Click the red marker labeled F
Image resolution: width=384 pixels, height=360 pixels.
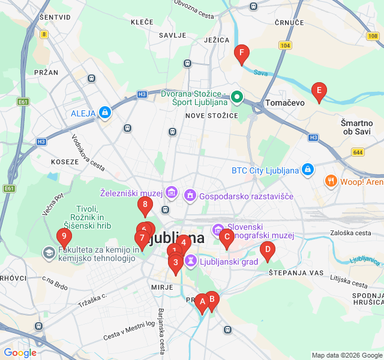point(241,54)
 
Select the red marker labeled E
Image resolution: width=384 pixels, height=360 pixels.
point(319,92)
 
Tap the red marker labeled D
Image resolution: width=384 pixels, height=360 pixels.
point(267,250)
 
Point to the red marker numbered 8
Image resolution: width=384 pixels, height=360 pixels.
point(145,205)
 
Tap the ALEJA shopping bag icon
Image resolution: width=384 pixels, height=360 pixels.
point(106,112)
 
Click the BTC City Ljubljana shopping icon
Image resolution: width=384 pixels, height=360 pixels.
point(308,170)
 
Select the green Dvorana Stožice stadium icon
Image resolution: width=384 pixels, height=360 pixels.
point(237,97)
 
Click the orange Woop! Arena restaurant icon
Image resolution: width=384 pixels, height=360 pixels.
point(331,181)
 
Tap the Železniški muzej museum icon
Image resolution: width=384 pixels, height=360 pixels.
point(172,193)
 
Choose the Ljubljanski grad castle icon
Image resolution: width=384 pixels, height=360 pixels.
point(190,261)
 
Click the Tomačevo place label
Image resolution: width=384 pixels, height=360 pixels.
point(285,103)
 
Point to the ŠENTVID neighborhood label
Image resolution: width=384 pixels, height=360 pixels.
point(55,17)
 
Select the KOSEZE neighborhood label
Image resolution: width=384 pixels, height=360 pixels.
point(65,161)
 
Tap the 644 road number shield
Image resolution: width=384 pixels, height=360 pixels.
point(358,152)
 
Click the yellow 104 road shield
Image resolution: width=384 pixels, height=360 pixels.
point(285,46)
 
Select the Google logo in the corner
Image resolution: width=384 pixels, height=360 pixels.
point(20,353)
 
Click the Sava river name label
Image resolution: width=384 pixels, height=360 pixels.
point(260,73)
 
